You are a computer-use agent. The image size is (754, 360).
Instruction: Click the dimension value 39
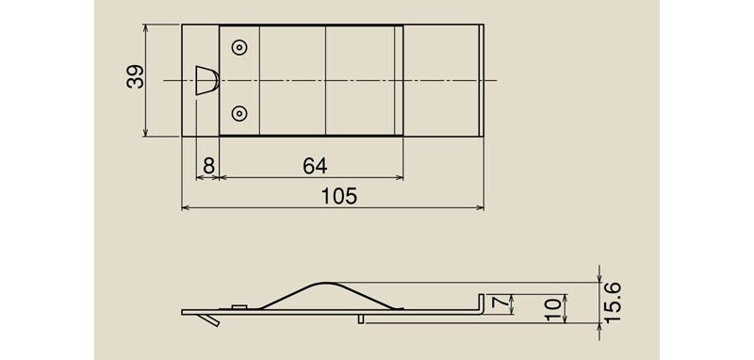pos(135,76)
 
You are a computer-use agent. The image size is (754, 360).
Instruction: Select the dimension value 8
pos(208,166)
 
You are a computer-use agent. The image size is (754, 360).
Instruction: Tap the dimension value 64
pos(315,166)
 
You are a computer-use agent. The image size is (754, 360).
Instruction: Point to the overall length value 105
pos(339,196)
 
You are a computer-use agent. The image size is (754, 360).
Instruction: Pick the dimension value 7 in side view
pos(500,303)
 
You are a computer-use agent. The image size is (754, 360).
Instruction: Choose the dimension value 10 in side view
pos(553,309)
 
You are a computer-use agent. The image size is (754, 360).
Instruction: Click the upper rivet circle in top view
pos(239,47)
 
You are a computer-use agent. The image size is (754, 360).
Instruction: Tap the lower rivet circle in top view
pos(239,114)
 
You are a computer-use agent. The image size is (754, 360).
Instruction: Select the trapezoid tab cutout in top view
pos(206,80)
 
